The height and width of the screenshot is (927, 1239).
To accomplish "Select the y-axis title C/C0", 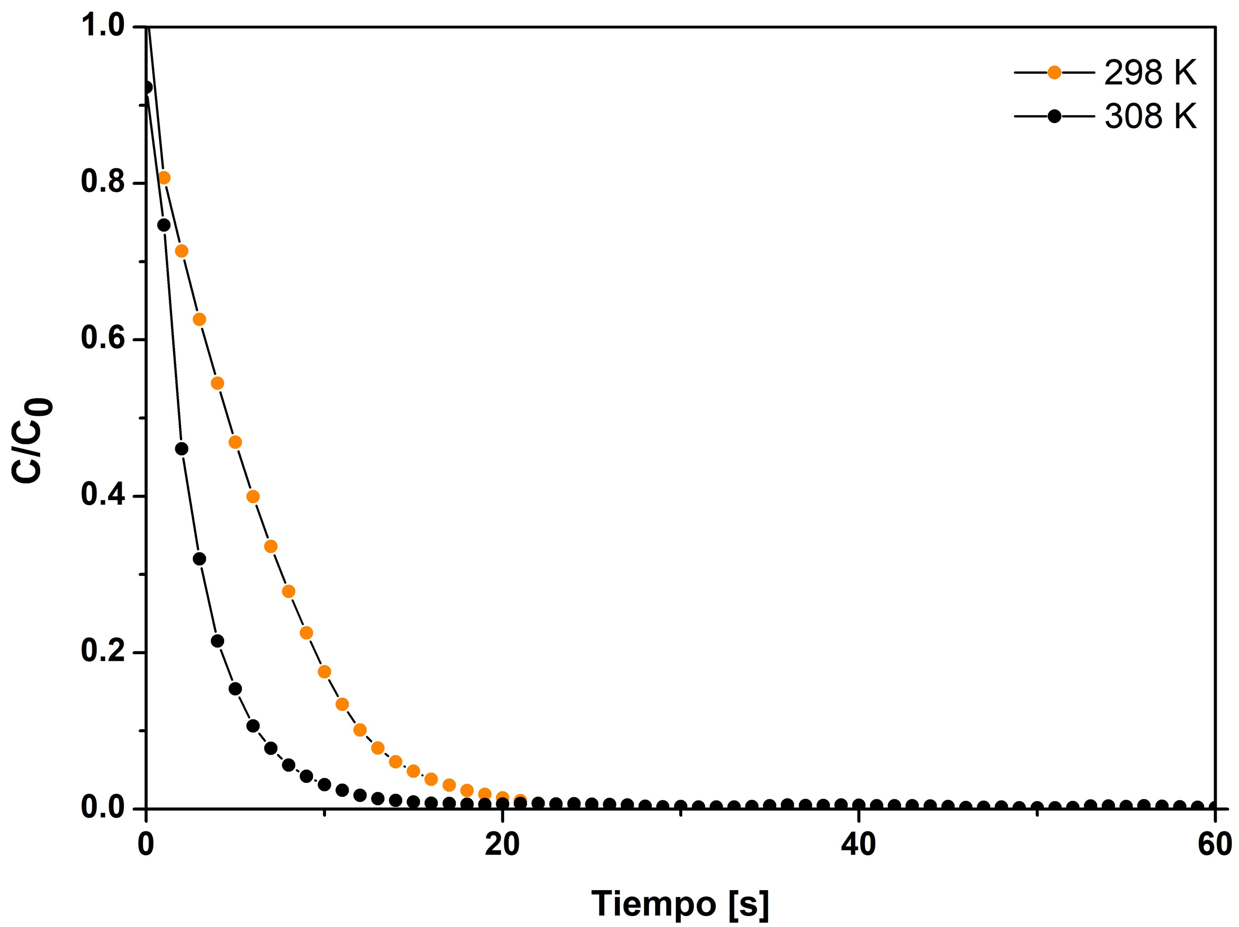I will coord(32,439).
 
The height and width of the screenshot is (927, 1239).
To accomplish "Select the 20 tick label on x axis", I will coord(502,845).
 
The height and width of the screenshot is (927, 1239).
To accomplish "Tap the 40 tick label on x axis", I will coord(858,845).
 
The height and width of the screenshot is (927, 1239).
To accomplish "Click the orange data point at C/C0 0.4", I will coord(253,497).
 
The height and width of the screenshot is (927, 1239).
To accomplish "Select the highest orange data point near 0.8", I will coord(164,178).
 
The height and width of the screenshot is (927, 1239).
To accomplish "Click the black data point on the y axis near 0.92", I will coord(146,87).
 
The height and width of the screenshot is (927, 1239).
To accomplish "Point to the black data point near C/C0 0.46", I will coord(181,448).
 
